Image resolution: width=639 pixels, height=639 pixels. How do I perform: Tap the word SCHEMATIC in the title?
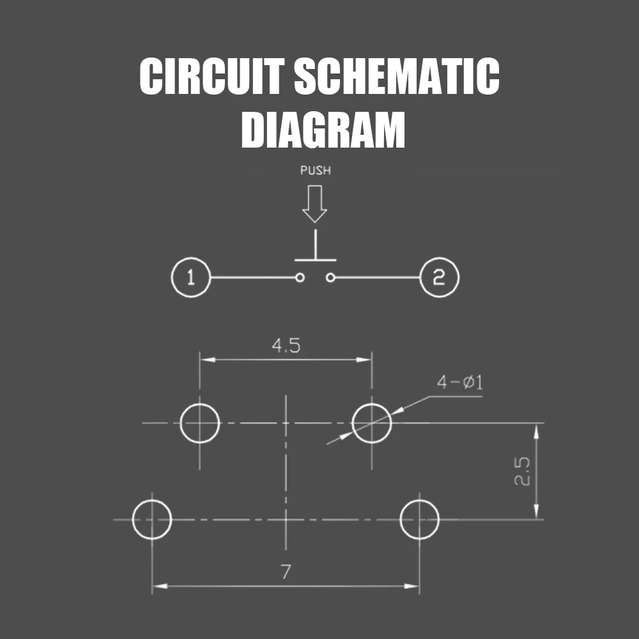396,77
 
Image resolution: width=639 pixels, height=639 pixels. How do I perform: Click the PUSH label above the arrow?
316,171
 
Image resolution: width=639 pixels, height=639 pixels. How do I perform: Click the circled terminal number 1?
190,278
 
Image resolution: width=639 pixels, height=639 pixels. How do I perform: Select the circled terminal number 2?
439,278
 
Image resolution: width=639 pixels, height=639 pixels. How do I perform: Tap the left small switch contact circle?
299,277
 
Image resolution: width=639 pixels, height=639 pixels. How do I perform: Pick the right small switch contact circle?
330,277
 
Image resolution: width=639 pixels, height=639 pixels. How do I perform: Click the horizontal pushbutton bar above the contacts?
315,260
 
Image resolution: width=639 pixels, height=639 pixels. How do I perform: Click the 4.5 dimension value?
286,346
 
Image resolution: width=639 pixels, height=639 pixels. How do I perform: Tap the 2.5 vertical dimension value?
523,472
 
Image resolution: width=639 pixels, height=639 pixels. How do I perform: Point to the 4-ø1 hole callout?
459,383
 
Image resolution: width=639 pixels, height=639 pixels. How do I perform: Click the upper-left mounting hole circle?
200,423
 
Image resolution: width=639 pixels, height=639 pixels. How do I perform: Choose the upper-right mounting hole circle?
372,423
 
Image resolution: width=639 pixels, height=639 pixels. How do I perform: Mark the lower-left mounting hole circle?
152,519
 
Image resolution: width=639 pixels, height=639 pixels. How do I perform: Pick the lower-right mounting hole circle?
419,519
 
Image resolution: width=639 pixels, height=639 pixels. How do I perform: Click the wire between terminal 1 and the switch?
252,278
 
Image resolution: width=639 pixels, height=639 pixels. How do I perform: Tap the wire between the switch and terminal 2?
377,278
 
